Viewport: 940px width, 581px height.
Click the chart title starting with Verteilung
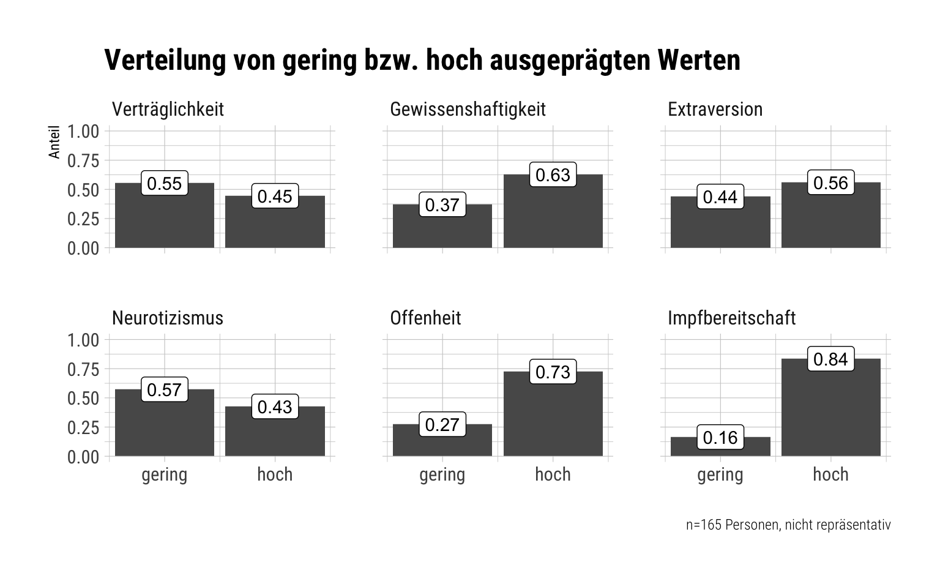(422, 61)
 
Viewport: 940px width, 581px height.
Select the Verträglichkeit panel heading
(168, 110)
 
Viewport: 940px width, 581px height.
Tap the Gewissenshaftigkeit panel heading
(468, 110)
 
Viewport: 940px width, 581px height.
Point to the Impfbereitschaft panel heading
(732, 318)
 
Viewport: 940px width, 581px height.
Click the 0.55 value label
(165, 183)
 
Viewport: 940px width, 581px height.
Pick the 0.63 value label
(553, 174)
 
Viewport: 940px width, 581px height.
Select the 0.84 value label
(831, 359)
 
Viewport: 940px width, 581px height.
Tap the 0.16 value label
(720, 437)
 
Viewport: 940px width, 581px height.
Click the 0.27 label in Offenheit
(442, 424)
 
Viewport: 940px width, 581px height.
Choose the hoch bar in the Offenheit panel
(553, 414)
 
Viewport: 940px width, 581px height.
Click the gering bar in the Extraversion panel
(720, 222)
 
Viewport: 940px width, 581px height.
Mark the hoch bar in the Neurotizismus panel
(275, 431)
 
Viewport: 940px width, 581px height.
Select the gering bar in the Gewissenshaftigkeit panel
(442, 226)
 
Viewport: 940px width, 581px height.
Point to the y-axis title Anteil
(54, 142)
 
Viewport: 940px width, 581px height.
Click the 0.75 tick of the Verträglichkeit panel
(83, 161)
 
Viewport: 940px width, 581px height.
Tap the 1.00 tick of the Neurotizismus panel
(83, 340)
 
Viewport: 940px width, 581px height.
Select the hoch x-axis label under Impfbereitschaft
(831, 474)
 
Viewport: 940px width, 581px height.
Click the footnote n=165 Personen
(788, 525)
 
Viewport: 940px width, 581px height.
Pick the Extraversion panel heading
(715, 110)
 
